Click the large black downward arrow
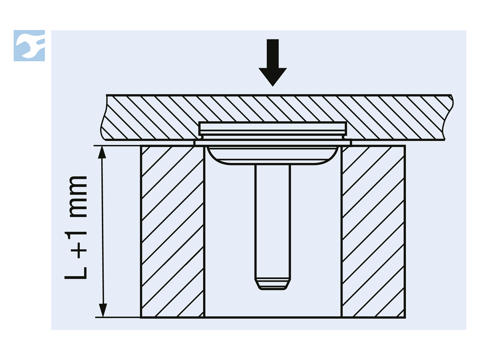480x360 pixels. coord(273,62)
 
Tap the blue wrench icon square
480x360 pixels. coord(29,46)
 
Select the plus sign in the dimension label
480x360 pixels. coord(79,250)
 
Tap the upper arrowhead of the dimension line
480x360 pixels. coord(102,152)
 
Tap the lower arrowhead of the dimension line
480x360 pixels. coord(103,310)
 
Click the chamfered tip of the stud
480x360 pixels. coord(272,284)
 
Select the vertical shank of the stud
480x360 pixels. coord(272,221)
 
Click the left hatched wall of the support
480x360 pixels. coord(173,231)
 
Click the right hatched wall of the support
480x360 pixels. coord(373,231)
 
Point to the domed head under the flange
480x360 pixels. coord(272,156)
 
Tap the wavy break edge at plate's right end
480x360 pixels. coord(448,117)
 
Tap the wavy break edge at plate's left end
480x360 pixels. coord(104,117)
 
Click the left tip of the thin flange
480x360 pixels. coord(194,143)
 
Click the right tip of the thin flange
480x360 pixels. coord(351,143)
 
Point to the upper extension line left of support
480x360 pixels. coord(117,146)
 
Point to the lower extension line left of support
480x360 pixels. coord(118,317)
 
